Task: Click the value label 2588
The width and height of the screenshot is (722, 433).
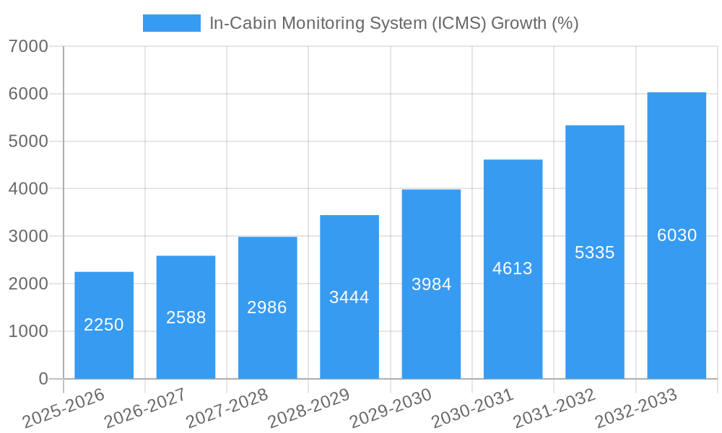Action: (x=186, y=318)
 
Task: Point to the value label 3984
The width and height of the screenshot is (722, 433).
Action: (x=431, y=284)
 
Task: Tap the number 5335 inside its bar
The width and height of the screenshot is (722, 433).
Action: (x=594, y=253)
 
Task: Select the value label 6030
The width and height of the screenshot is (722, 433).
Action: (x=677, y=235)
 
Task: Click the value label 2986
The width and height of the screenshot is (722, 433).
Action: (x=267, y=307)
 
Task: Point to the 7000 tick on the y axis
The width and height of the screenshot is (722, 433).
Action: (x=29, y=47)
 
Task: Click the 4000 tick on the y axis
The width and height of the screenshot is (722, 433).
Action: (x=29, y=189)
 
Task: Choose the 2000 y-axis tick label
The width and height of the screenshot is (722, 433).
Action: (x=29, y=284)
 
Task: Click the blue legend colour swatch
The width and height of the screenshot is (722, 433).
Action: (x=172, y=23)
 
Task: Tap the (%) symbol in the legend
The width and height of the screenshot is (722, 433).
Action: (x=565, y=23)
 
